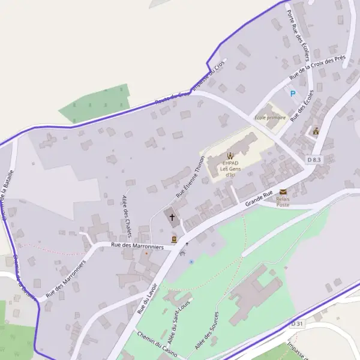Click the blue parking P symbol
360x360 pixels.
[x=293, y=93]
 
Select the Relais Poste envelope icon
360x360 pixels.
[x=283, y=191]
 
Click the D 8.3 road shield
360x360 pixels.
[x=314, y=160]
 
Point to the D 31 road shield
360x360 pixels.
[x=297, y=323]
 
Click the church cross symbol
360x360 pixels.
[x=172, y=217]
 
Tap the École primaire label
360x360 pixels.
[x=271, y=118]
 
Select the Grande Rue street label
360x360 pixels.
[x=259, y=199]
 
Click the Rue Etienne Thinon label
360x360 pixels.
[x=190, y=178]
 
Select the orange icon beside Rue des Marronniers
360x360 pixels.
[x=174, y=239]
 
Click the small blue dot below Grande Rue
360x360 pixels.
[x=191, y=262]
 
